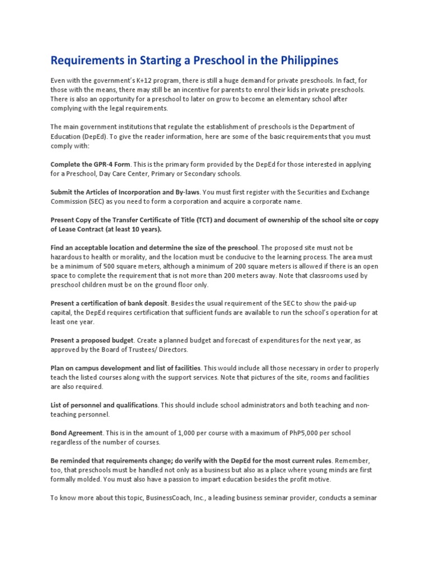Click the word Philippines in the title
coord(304,60)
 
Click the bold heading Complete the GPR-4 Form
coord(90,165)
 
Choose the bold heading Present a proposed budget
coord(92,340)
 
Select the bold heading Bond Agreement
coord(77,433)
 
